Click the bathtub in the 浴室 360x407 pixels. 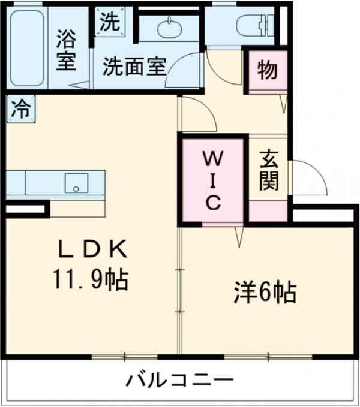[27, 49]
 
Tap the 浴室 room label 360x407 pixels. [66, 50]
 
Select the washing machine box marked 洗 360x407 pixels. [110, 22]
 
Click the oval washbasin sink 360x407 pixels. [169, 28]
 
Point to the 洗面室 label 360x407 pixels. [134, 67]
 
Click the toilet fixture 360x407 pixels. [255, 25]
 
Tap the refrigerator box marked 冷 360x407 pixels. [21, 109]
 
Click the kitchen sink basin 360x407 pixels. [76, 183]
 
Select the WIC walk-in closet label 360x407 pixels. [214, 180]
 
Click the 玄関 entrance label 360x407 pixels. [269, 170]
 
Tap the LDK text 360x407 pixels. [93, 248]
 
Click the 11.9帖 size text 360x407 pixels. [91, 279]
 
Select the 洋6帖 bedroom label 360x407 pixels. [265, 293]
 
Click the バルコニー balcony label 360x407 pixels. [179, 381]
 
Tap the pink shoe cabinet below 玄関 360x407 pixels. [268, 211]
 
